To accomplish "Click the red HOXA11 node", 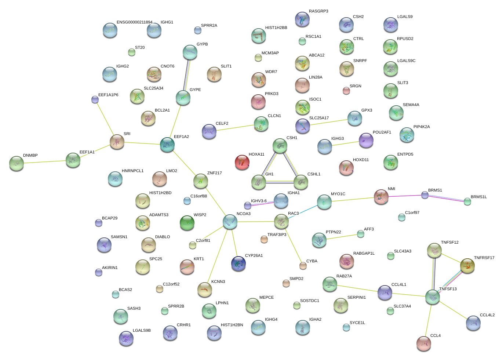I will click(242, 162).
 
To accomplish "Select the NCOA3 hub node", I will click(230, 222).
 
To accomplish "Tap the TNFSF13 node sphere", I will click(433, 297).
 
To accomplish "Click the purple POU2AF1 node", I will click(366, 140).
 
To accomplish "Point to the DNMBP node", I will click(16, 163).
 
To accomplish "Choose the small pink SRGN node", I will click(346, 91).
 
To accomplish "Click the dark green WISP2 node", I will click(187, 223).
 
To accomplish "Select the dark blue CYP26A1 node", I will click(238, 263).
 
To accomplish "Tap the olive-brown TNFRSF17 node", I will click(467, 266).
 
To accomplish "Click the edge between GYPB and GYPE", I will click(186, 75).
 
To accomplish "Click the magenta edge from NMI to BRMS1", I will click(404, 196).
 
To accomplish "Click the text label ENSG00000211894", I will click(134, 22).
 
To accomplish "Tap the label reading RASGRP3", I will click(318, 11).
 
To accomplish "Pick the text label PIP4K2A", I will click(422, 127).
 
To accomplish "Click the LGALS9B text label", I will click(142, 331).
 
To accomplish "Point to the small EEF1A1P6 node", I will click(95, 99).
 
